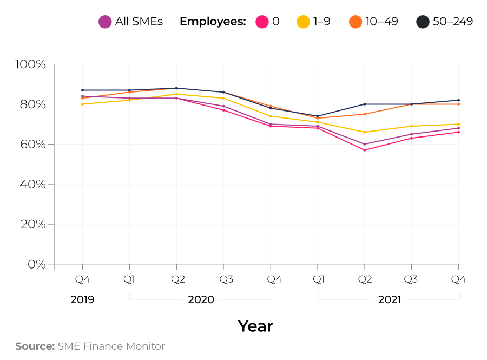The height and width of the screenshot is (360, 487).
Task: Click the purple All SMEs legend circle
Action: coord(105,22)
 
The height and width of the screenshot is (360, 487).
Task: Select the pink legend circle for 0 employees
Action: coord(262,22)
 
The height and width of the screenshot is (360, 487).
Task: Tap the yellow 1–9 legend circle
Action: coord(303,22)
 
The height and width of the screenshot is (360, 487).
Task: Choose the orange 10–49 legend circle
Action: coord(355,22)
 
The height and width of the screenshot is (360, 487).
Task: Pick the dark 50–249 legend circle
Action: coord(423,22)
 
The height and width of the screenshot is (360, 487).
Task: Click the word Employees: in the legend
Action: coord(213,22)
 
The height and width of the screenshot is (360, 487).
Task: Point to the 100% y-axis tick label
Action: coord(31,64)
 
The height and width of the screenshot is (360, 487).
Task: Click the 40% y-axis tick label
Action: coord(34,185)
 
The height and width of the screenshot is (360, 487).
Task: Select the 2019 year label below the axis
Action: coord(82,299)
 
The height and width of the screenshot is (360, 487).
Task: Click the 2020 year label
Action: coord(201,299)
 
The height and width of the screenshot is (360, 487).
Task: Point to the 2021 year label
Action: coord(390,299)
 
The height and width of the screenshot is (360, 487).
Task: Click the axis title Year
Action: coord(255,326)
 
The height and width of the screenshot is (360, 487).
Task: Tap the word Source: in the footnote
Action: coord(35,346)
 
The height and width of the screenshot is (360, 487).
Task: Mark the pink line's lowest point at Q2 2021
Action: coord(365,150)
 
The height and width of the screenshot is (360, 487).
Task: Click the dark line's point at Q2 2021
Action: coord(365,104)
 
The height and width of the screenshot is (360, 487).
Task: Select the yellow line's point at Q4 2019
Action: coord(82,104)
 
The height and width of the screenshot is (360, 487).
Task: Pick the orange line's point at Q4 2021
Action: coord(459,104)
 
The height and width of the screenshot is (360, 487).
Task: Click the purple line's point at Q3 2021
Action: coord(412,134)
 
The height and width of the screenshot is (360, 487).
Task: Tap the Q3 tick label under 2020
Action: coord(223,279)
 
